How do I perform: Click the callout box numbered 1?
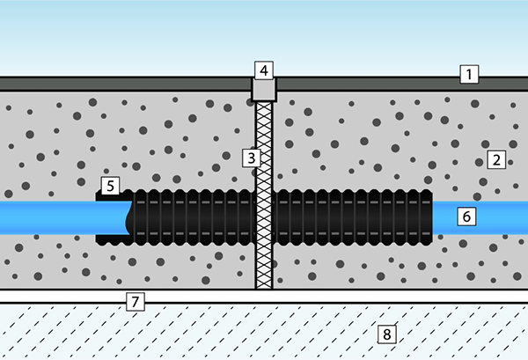point(469,74)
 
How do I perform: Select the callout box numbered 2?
point(496,159)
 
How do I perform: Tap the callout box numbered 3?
point(251,158)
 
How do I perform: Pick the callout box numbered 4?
point(264,70)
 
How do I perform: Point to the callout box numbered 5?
point(110,186)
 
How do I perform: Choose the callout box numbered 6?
point(466,217)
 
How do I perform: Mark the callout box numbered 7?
point(135,302)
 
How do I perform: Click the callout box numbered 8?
point(386,334)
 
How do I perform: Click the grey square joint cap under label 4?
point(264,90)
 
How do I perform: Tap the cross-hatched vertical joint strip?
point(264,195)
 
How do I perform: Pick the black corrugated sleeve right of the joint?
point(353,217)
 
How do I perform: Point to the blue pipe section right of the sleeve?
point(480,218)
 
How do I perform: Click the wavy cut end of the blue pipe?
point(128,218)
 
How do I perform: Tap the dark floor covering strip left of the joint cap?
point(126,84)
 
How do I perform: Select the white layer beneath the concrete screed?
point(264,297)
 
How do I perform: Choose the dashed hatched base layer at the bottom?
point(264,332)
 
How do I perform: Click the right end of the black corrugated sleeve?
point(432,217)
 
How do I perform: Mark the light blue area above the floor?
point(264,38)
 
